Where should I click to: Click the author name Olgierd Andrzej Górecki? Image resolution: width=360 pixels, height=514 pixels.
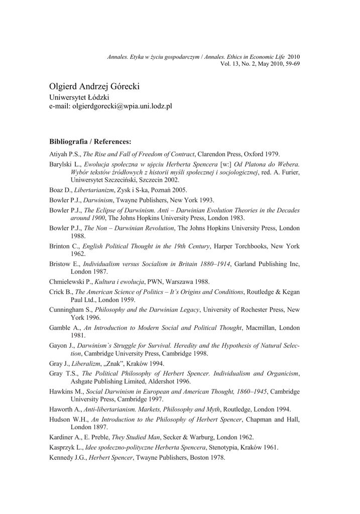[94, 86]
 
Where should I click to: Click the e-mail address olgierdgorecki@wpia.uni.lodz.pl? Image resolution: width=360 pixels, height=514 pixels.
[110, 107]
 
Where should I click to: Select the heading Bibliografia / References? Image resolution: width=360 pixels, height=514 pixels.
[90, 142]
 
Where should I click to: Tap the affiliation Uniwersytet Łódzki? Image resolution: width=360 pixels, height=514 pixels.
[79, 97]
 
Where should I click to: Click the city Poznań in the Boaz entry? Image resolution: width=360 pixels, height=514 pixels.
[160, 190]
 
